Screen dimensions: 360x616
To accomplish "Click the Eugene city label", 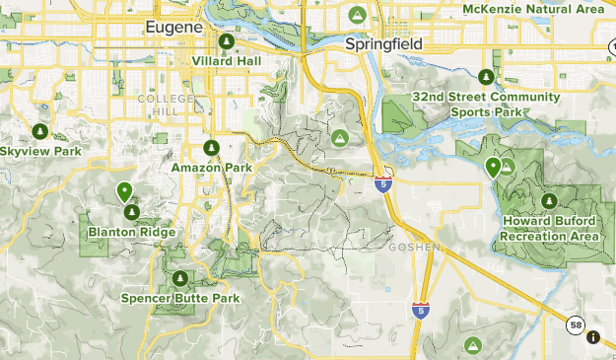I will [x=173, y=28].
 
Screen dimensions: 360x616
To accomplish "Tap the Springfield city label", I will [x=383, y=45].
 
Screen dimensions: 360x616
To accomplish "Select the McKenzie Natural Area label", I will [x=533, y=9].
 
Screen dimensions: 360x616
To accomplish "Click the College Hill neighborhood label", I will [x=160, y=105].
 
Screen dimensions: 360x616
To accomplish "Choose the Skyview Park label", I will [x=39, y=151].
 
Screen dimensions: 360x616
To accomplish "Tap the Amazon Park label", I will [x=212, y=168].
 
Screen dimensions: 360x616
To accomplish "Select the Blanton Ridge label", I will [x=131, y=233].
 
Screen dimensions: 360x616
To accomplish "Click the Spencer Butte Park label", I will [x=180, y=298].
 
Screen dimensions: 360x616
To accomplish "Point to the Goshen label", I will [x=414, y=247].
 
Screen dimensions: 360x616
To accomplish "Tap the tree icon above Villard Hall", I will [x=227, y=42].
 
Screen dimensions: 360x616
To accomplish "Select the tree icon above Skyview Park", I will [x=39, y=131].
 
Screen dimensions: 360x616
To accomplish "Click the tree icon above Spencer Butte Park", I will [x=180, y=278].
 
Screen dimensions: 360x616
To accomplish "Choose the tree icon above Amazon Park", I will [x=211, y=148].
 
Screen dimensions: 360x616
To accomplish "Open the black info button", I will [x=593, y=337].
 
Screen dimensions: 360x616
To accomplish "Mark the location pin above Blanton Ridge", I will [x=124, y=191].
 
